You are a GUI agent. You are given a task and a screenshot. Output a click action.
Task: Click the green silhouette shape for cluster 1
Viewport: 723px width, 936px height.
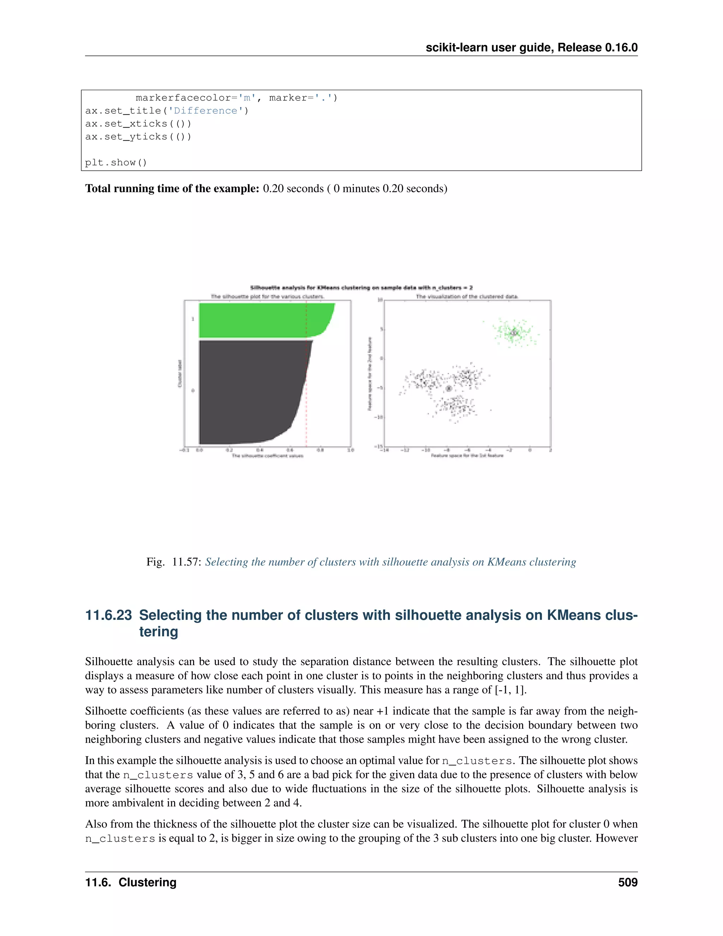point(257,320)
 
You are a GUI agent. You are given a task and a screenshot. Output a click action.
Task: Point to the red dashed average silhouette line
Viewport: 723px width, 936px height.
point(306,424)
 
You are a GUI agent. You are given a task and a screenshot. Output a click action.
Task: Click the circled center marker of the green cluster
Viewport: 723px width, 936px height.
point(514,333)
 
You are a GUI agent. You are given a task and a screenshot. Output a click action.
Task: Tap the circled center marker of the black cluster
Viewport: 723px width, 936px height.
point(448,388)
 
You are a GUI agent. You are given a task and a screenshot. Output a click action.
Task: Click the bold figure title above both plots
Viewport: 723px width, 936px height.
point(361,288)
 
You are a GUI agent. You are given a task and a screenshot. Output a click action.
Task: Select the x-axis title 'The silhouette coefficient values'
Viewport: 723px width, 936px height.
point(267,456)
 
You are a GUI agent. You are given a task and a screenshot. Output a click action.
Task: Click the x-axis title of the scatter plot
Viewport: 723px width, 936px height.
point(467,456)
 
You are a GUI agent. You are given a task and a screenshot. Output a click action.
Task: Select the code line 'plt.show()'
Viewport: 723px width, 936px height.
point(116,162)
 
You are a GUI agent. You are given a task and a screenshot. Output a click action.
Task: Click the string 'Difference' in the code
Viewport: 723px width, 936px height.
point(205,111)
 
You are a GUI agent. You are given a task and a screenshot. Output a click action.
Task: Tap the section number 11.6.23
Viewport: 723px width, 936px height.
point(108,615)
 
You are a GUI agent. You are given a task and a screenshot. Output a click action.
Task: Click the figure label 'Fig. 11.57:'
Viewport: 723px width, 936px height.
point(173,562)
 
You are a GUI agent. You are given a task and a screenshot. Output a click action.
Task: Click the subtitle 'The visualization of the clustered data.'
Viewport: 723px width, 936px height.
point(467,296)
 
